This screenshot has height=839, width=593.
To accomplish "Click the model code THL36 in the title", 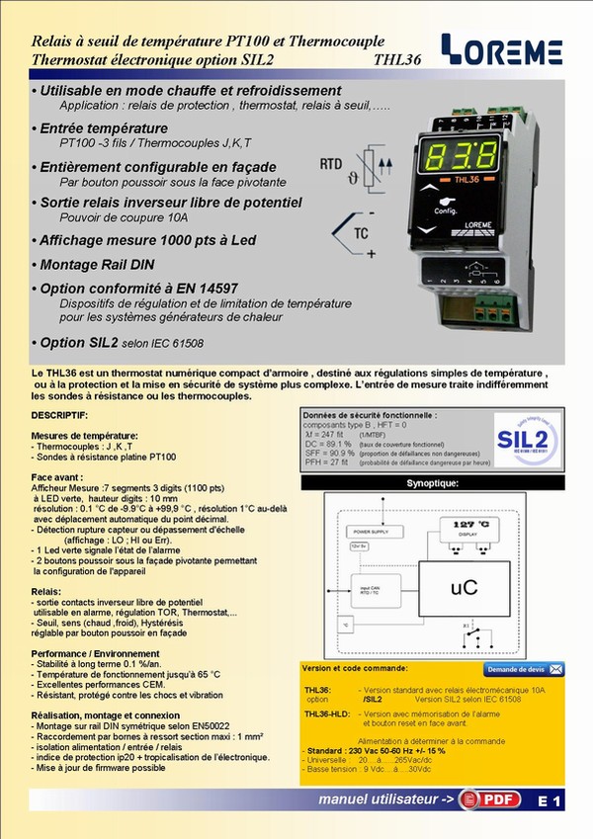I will point(398,61).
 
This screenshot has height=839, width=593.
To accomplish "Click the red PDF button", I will point(494,800).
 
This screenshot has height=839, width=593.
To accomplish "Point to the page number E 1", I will point(550,802).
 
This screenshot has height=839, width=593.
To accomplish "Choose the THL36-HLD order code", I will point(327,713).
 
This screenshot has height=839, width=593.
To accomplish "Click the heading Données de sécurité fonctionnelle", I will point(370,415).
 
